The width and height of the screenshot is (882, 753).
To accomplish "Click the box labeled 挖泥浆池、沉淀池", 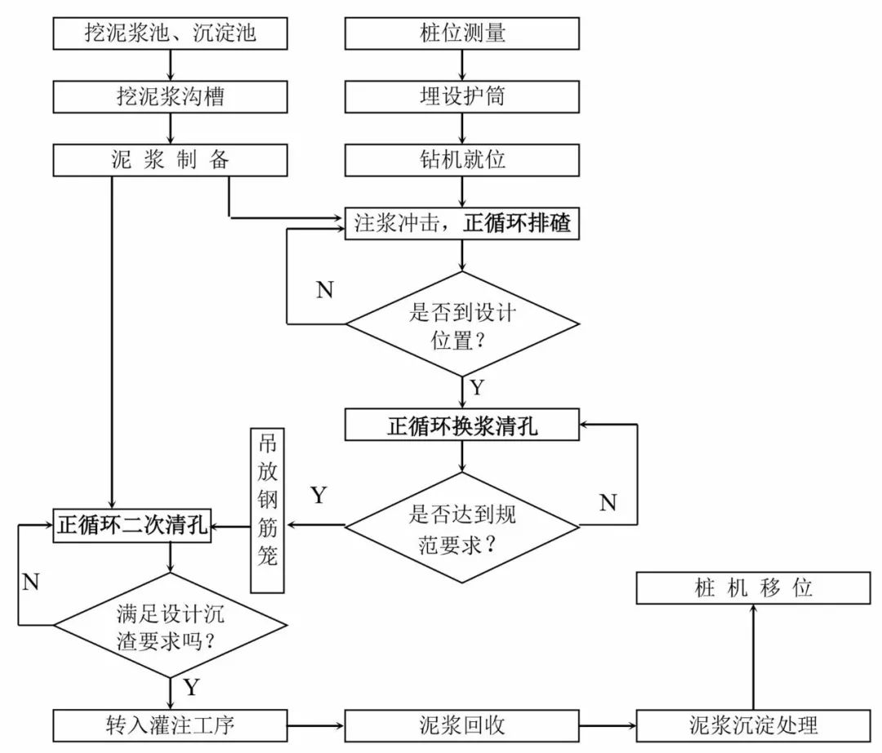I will (171, 33).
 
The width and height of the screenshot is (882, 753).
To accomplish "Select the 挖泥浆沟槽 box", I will (171, 96).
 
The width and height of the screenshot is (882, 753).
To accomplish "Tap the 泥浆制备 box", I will (171, 159).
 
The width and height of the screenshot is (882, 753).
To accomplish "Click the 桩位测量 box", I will (462, 33).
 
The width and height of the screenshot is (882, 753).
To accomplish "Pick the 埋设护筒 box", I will (462, 96).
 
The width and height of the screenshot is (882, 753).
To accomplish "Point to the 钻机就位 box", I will (462, 159).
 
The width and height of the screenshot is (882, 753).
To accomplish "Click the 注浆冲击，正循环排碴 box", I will (462, 223).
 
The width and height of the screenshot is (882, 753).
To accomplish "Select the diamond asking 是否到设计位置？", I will (462, 324).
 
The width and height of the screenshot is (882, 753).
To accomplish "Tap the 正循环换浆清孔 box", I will (462, 426).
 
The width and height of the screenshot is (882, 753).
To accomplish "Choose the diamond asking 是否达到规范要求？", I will (462, 528).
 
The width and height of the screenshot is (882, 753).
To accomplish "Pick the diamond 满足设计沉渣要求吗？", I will (171, 625).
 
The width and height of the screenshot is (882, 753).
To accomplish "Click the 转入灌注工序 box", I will (171, 724).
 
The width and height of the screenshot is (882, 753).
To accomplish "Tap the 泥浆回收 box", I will (462, 724).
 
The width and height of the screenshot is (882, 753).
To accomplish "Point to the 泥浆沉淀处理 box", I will (753, 724).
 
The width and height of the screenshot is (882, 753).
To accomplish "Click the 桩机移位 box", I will (753, 587).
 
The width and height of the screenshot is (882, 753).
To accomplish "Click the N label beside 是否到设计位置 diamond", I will (324, 290).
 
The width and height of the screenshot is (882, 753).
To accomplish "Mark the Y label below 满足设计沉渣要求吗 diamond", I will (191, 687).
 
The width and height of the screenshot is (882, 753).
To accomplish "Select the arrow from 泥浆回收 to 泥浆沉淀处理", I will (608, 724).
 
